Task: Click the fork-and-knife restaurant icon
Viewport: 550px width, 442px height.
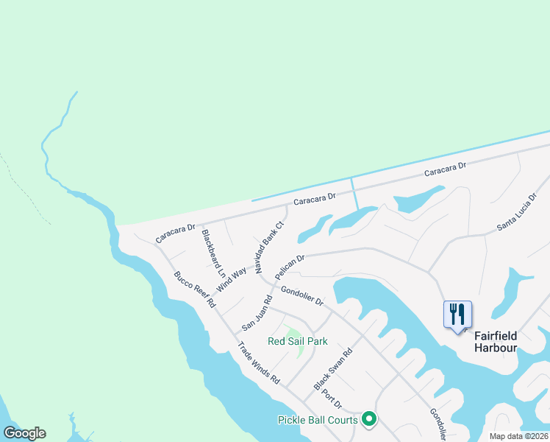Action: (x=457, y=315)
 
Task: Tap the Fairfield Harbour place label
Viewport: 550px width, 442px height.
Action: (x=496, y=341)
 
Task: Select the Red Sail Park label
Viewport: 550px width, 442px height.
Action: (x=298, y=341)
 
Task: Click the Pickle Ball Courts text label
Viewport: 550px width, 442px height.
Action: (x=318, y=420)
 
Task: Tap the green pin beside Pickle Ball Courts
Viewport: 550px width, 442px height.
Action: (x=369, y=419)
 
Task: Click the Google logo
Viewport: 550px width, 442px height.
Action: (x=24, y=433)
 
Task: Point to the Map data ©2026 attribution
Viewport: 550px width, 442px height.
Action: (x=518, y=436)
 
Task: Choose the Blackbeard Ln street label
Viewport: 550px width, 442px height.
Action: (x=213, y=253)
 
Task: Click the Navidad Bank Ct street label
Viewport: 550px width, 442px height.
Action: (x=269, y=248)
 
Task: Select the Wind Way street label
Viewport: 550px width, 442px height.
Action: (x=231, y=279)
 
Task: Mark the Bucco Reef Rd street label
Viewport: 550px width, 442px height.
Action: (x=194, y=289)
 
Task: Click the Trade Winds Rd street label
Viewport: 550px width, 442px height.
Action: (x=258, y=363)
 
